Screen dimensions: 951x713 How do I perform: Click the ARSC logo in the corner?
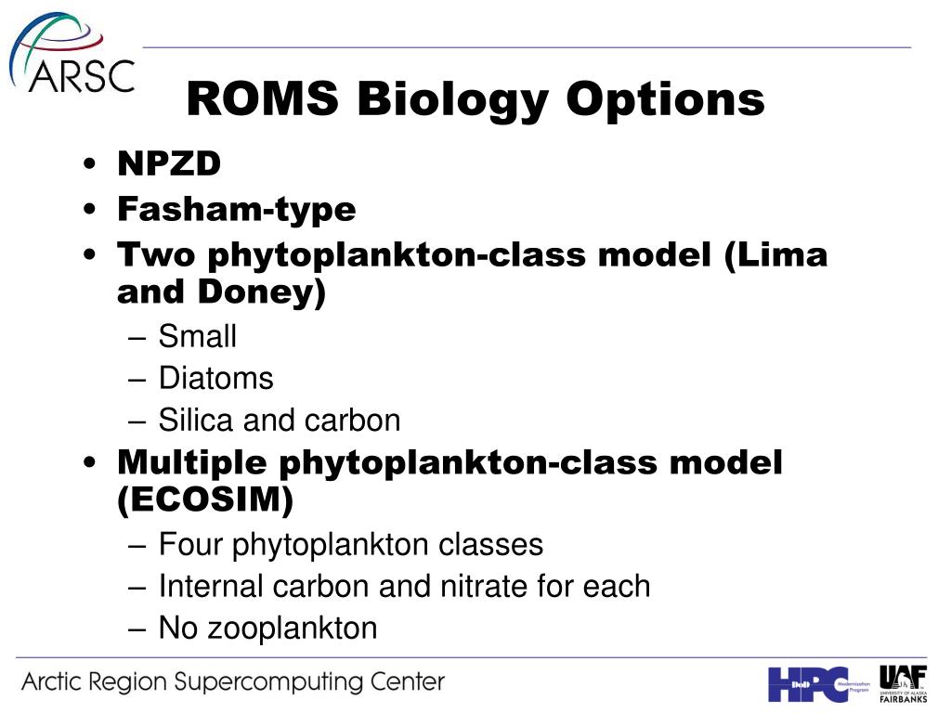click(72, 53)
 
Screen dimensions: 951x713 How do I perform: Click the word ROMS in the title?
click(262, 98)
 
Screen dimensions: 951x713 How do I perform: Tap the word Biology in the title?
click(452, 100)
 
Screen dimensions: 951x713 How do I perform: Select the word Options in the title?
click(665, 100)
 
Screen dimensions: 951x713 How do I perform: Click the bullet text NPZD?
click(169, 163)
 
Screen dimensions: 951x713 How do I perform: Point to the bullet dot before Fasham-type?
click(90, 209)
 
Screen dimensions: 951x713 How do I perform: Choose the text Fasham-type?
click(237, 210)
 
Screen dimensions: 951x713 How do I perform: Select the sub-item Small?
click(197, 336)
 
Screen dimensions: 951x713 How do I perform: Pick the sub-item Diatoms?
click(215, 379)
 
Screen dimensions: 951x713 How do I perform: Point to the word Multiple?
click(192, 463)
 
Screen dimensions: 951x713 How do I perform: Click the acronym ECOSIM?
click(205, 500)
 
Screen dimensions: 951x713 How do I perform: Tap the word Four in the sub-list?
click(190, 544)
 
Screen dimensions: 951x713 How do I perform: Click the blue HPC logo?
click(819, 684)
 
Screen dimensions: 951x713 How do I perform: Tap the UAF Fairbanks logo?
click(903, 684)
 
